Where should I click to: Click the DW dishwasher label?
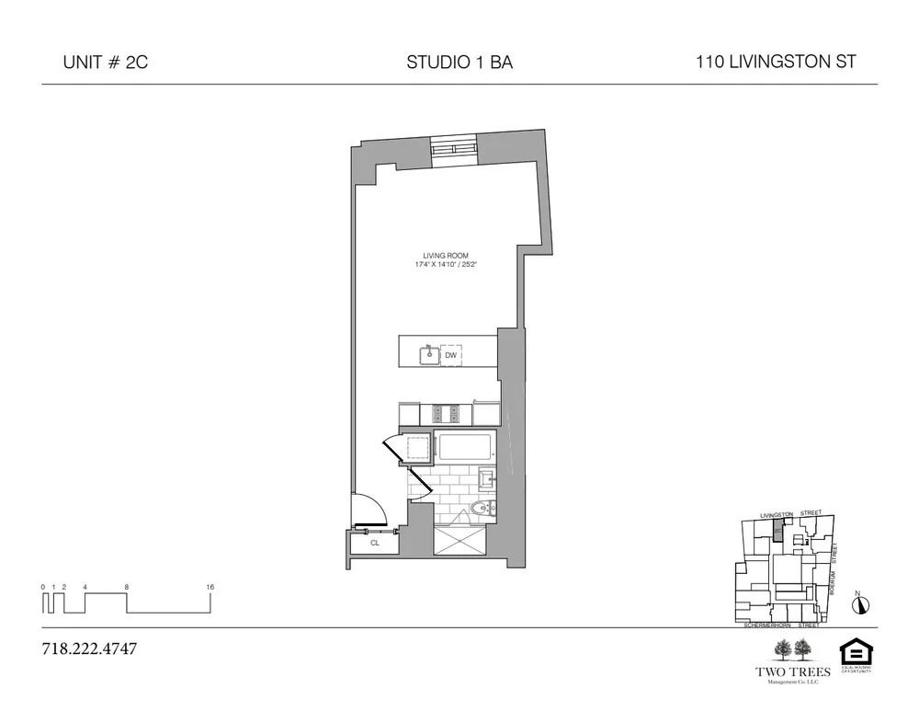pos(450,355)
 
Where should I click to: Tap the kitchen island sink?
pos(427,354)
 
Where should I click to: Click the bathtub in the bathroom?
pos(465,448)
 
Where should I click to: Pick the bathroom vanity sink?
pos(488,477)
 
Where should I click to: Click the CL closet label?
pos(375,544)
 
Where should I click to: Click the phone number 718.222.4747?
pos(89,649)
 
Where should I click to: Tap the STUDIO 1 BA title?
pos(459,63)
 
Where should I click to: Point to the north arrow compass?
pos(860,604)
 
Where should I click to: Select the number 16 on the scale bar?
pos(210,586)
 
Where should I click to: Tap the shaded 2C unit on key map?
pos(777,532)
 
